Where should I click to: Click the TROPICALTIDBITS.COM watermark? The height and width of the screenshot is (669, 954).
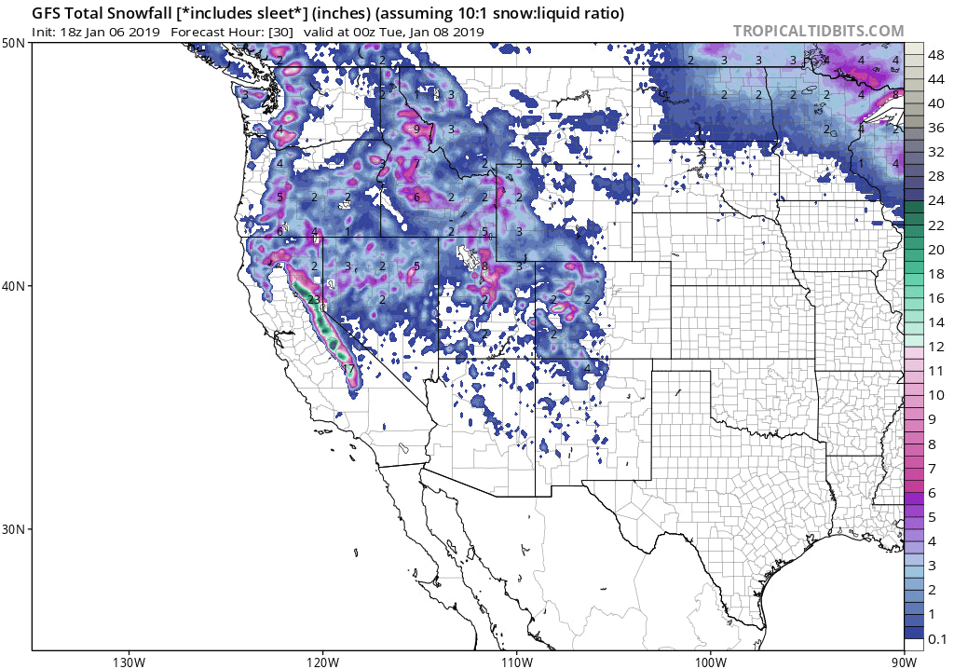point(818,31)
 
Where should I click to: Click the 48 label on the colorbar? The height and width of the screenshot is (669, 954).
point(936,55)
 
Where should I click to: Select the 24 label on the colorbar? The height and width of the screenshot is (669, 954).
point(936,201)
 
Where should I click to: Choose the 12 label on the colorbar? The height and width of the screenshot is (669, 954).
point(936,347)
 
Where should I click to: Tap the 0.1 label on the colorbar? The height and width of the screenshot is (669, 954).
point(936,639)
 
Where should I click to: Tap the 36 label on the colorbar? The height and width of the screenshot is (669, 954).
point(936,128)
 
